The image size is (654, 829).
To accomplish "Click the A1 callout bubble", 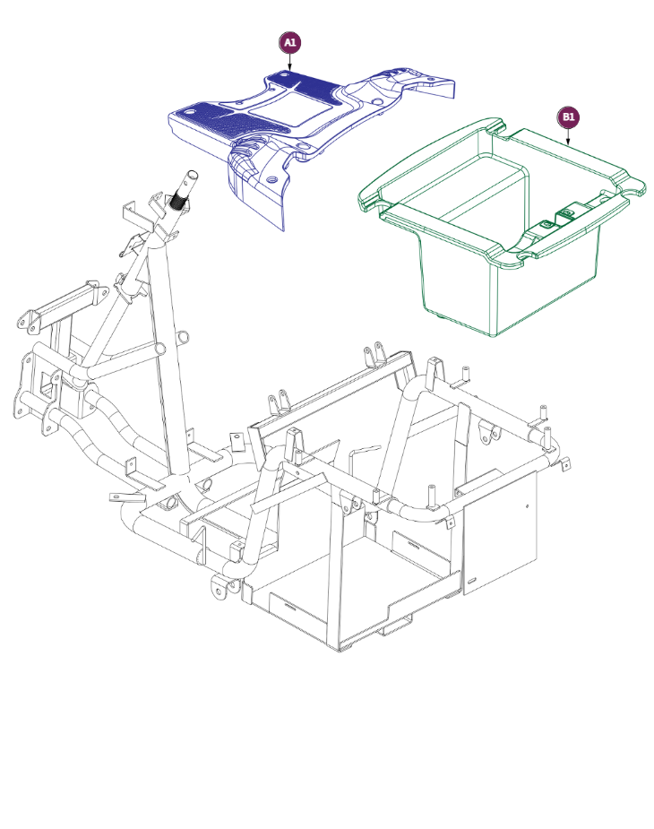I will (289, 43).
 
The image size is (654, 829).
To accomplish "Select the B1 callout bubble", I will (568, 117).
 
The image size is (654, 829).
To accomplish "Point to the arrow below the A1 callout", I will (289, 63).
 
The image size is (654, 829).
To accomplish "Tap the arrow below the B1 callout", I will (568, 137).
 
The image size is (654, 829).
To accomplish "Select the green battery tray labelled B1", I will (502, 224).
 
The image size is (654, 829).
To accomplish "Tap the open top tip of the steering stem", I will (193, 174).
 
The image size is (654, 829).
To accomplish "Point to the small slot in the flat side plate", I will (471, 581).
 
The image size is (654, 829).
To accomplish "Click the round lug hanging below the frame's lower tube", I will (219, 588).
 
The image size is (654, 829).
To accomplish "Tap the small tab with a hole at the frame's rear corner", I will (565, 464).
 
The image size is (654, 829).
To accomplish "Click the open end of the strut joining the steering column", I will (184, 338).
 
